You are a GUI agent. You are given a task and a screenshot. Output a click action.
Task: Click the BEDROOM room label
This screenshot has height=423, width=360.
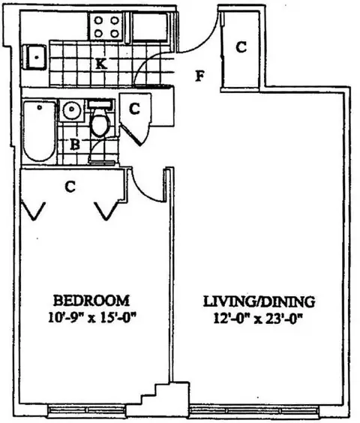91,301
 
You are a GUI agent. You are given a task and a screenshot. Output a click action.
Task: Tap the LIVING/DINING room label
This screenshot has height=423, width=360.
259,301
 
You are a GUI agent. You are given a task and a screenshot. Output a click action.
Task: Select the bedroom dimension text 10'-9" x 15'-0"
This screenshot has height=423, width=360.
91,318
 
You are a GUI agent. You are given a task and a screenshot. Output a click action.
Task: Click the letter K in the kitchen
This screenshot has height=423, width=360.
101,64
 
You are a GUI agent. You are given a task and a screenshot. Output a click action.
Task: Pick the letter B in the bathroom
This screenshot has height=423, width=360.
75,144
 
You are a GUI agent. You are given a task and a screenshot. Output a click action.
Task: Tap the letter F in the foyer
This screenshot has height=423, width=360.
199,76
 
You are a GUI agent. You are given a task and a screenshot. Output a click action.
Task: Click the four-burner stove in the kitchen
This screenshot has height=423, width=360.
106,27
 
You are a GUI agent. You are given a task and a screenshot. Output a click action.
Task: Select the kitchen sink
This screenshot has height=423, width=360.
34,58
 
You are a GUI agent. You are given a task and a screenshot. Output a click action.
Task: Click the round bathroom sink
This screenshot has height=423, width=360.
71,109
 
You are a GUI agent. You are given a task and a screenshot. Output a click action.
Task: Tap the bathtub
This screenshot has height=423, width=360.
40,131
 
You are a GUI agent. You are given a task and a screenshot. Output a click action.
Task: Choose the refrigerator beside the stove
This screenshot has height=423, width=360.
149,27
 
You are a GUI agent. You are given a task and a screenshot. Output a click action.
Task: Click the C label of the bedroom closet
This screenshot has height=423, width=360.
70,187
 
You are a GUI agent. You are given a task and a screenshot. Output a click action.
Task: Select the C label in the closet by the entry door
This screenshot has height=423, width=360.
241,47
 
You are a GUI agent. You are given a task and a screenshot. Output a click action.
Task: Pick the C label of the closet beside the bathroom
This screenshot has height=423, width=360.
134,109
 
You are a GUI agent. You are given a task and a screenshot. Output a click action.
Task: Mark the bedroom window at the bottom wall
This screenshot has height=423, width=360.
88,410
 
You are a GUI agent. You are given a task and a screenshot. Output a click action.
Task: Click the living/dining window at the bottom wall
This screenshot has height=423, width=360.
254,411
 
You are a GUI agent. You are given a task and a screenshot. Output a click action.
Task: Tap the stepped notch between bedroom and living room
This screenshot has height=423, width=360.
164,394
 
